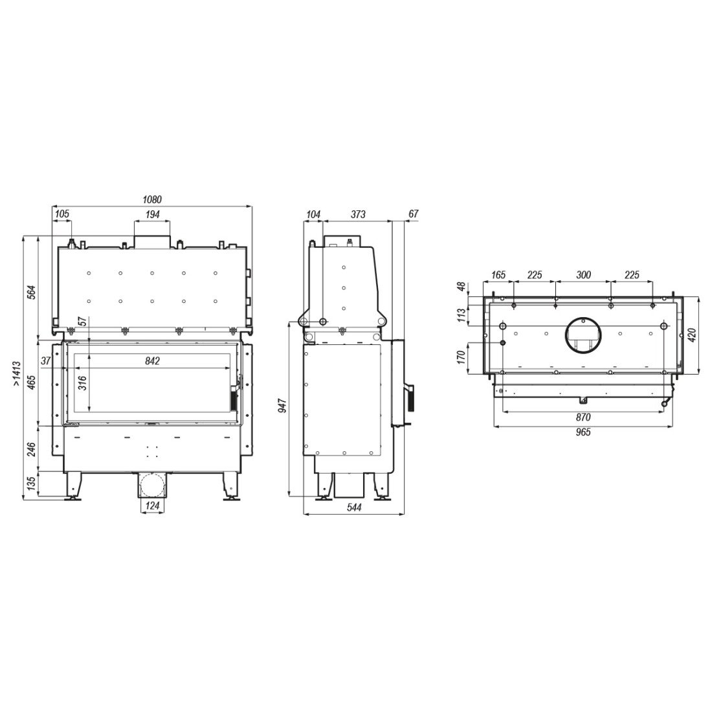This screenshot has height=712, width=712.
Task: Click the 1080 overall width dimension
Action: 152,199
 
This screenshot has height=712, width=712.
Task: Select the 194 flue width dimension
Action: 152,214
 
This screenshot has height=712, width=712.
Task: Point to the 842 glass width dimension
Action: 153,361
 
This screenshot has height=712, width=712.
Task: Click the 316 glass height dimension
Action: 83,384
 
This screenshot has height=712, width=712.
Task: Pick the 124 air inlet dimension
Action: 152,506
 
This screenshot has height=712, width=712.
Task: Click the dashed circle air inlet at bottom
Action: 152,485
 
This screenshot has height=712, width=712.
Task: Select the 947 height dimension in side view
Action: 282,405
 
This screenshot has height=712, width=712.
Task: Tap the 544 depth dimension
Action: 353,507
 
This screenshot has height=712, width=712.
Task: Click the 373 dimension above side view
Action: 358,214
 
